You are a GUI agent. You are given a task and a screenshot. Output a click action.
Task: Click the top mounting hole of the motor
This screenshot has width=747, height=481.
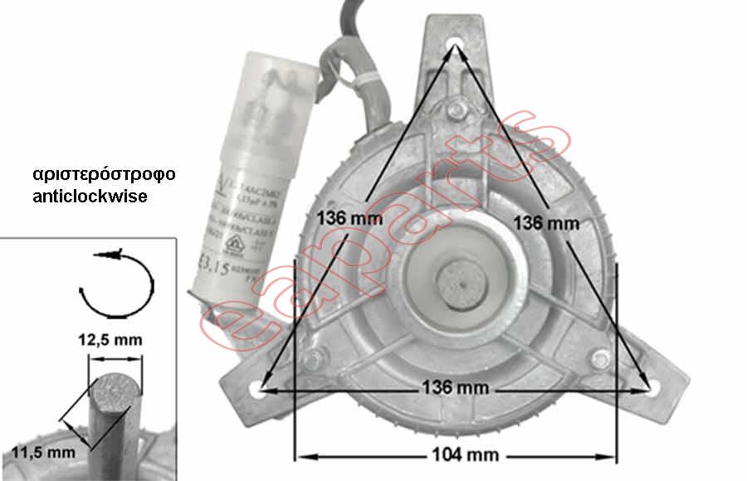pos(456,42)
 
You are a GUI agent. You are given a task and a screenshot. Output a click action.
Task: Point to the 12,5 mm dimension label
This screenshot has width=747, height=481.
pos(116,340)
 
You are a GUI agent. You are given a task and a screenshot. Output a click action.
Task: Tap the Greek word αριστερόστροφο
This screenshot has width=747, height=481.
pos(105,176)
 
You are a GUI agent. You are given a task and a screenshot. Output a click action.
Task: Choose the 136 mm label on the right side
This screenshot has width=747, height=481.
pos(545,222)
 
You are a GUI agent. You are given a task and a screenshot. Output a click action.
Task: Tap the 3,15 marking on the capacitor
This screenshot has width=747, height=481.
pos(218,270)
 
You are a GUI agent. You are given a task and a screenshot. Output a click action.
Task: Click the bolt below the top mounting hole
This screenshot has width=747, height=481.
pos(454,108)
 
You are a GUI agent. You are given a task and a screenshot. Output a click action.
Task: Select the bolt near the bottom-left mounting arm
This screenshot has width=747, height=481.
pos(313,359)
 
